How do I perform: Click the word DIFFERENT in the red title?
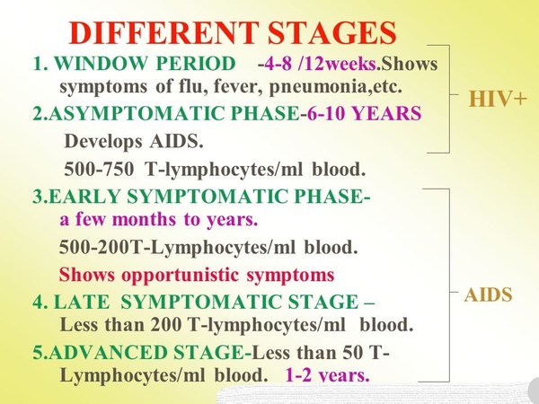[163, 33]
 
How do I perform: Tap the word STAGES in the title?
[332, 33]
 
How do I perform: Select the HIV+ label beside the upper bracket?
[498, 100]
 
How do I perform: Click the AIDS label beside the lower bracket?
[488, 295]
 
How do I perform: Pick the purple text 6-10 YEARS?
[365, 113]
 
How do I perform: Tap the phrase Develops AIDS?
[134, 141]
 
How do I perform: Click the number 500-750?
[99, 169]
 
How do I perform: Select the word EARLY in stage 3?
[85, 197]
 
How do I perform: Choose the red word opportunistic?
[181, 276]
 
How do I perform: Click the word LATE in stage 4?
[82, 302]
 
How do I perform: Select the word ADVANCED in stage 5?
[109, 353]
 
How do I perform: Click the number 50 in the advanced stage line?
[353, 353]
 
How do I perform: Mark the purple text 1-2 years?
[328, 375]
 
